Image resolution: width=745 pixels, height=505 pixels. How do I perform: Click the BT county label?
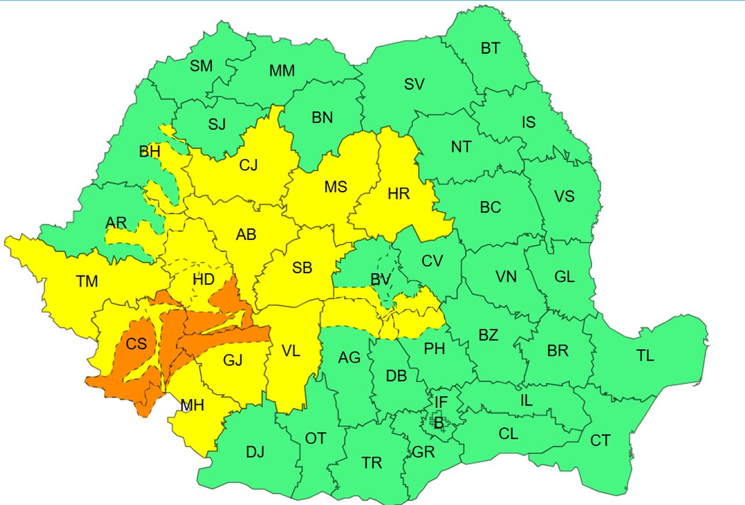(490, 48)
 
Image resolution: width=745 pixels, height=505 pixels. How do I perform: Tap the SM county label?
(201, 66)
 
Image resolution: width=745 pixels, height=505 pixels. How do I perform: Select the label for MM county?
(282, 71)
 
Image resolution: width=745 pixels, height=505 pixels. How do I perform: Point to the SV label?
(414, 84)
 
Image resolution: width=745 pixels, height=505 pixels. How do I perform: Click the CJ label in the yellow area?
(248, 166)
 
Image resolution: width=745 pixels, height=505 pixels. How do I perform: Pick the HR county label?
(399, 194)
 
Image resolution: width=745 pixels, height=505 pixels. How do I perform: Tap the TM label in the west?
(87, 282)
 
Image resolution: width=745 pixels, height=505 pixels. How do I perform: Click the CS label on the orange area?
(136, 344)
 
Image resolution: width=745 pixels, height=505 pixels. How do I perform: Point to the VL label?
(290, 351)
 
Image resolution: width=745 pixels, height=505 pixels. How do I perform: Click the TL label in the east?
(645, 356)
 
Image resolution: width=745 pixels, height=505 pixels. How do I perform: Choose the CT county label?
(600, 441)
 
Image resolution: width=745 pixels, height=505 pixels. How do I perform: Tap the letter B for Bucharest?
(439, 424)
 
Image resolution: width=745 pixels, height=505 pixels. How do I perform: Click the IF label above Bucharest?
(441, 401)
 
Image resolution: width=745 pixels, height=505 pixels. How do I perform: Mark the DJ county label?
(254, 452)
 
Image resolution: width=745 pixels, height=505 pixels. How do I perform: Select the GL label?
(564, 277)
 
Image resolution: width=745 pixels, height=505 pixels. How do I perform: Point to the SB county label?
(302, 268)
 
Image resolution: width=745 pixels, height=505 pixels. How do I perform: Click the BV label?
(380, 280)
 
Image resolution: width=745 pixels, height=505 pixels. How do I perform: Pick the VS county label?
(564, 196)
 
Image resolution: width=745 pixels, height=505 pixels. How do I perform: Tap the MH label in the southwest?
(193, 405)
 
